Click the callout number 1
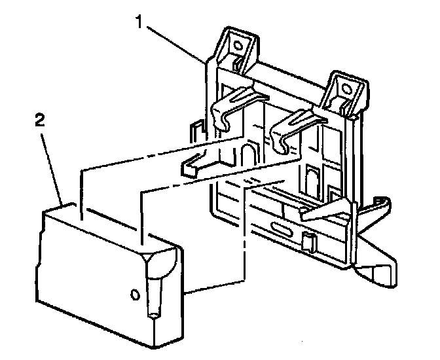click(x=138, y=22)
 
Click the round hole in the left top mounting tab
click(x=237, y=45)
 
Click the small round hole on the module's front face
click(x=136, y=295)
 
